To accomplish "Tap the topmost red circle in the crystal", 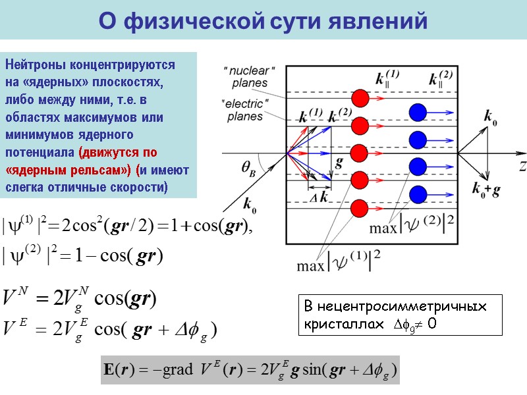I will (360, 98).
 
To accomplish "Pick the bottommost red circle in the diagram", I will (360, 207).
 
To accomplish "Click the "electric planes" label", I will (245, 109).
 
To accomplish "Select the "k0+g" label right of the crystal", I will (486, 190).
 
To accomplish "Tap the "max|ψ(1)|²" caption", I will (338, 265).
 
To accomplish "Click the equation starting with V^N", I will (79, 300).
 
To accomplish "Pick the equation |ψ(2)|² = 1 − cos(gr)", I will (83, 254).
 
